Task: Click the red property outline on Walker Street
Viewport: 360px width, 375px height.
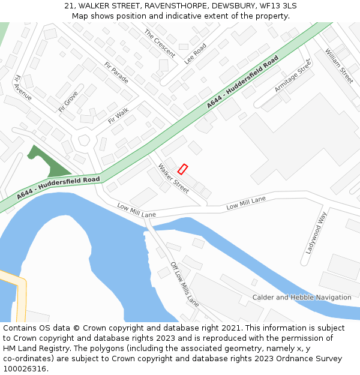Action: (183, 169)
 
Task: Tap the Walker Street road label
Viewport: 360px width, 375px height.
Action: (173, 178)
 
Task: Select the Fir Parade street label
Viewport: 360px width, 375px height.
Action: (116, 73)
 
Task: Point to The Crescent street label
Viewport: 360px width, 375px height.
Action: (159, 43)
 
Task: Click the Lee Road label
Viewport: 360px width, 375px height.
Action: (195, 53)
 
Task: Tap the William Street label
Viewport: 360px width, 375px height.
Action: (339, 66)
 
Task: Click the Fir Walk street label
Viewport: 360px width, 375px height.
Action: (118, 115)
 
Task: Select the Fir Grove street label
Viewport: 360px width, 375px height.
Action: (68, 101)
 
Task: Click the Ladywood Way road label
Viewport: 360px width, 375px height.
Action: (315, 233)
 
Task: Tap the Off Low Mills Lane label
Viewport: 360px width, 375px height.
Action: (184, 284)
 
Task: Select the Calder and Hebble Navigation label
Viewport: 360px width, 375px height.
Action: (302, 298)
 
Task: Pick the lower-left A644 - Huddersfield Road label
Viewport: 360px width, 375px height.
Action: (58, 187)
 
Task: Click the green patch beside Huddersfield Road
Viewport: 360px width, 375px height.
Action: (48, 161)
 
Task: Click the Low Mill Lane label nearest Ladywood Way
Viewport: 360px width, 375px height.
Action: (246, 203)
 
